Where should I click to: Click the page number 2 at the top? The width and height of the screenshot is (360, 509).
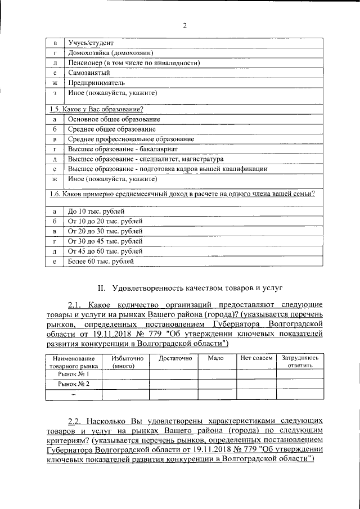(x=184, y=25)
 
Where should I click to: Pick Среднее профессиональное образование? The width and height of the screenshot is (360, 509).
(x=131, y=139)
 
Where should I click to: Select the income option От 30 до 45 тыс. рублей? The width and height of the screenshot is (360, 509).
(x=105, y=241)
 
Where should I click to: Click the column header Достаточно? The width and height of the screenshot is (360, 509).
(x=175, y=358)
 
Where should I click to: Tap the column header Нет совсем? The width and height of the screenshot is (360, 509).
(x=256, y=358)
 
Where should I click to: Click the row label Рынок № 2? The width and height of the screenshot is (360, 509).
(x=74, y=384)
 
